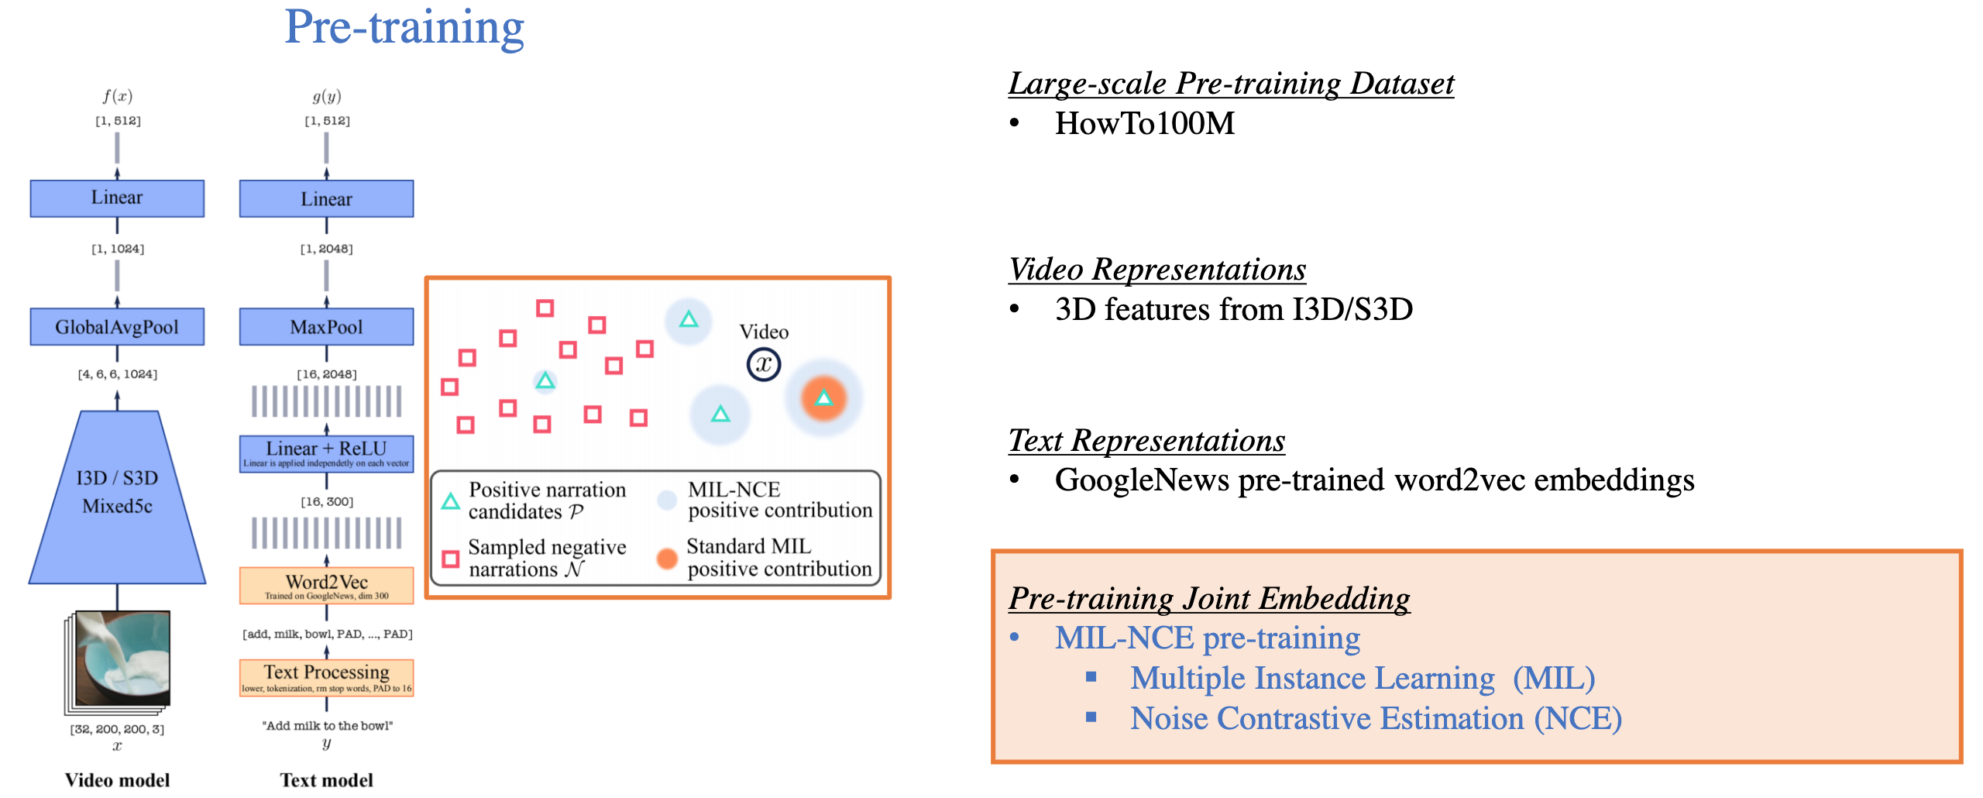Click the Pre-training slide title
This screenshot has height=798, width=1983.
404,28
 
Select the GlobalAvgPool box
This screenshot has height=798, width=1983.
117,327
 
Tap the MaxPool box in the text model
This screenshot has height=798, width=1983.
326,327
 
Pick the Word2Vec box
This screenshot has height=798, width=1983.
326,585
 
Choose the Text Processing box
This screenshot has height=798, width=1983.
326,676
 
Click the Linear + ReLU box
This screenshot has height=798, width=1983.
326,453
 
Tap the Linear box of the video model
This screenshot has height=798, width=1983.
117,198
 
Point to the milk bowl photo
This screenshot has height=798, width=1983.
122,656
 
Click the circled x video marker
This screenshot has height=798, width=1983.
764,364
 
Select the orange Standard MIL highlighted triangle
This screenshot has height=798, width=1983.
823,398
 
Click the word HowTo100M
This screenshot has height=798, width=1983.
1144,124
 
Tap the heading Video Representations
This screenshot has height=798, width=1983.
1157,270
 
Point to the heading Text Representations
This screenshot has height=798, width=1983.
1146,441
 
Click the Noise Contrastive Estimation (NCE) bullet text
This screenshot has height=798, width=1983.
1375,719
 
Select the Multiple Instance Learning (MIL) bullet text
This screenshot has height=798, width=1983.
1362,679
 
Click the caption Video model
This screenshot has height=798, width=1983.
117,780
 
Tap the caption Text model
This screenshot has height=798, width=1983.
326,780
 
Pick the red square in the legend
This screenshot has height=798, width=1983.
450,559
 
